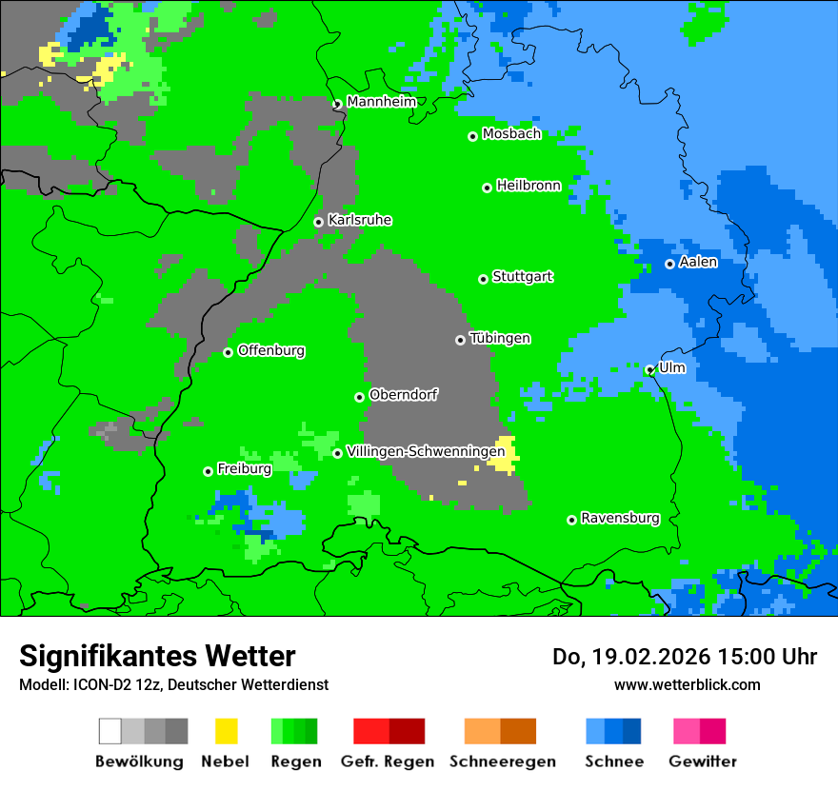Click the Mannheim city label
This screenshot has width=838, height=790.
click(381, 102)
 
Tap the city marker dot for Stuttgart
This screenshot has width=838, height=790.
click(483, 279)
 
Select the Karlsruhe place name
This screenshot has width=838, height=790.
click(359, 220)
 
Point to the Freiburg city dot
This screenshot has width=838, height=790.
click(208, 471)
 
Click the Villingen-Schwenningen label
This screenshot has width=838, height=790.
click(426, 451)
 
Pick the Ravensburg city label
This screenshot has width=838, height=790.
click(620, 518)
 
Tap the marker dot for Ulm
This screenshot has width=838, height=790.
click(649, 369)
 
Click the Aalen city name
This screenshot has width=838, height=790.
click(698, 262)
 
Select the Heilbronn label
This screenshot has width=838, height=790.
click(529, 186)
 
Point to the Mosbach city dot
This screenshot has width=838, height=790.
click(472, 136)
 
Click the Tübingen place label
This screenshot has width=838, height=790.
click(500, 338)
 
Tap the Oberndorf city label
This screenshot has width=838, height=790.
click(404, 394)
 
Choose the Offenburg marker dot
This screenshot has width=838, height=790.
click(228, 352)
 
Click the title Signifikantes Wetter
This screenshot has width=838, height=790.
click(157, 656)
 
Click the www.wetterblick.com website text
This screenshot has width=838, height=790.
click(687, 684)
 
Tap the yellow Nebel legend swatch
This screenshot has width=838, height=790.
click(226, 731)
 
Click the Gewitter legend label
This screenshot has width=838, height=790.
click(702, 761)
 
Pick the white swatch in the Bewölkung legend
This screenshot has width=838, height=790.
click(110, 731)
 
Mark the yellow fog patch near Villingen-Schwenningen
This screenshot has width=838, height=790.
click(505, 455)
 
